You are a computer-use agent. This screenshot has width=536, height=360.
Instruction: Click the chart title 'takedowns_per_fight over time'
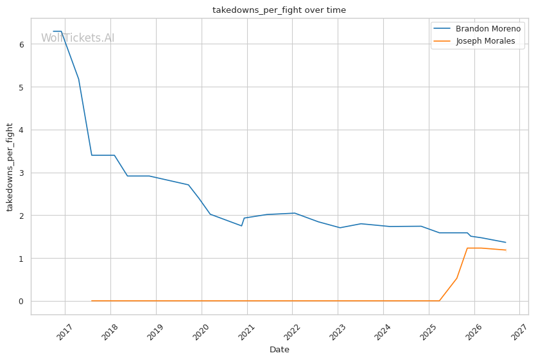pyautogui.click(x=279, y=10)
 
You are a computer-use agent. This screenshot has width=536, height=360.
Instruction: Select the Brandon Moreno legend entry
pyautogui.click(x=477, y=29)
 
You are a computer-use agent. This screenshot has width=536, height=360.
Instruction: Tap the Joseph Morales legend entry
pyautogui.click(x=474, y=41)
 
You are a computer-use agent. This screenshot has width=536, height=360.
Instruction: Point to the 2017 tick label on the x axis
pyautogui.click(x=64, y=332)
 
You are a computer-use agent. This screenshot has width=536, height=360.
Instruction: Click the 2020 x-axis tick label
pyautogui.click(x=201, y=332)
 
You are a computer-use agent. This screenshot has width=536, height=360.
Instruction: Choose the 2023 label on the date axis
pyautogui.click(x=337, y=332)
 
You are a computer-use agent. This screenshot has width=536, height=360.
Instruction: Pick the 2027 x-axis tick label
pyautogui.click(x=519, y=332)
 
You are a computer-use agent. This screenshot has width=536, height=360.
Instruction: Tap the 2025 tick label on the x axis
pyautogui.click(x=428, y=332)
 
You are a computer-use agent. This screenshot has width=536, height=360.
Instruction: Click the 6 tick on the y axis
pyautogui.click(x=22, y=44)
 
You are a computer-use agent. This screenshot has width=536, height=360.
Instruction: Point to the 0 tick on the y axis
pyautogui.click(x=22, y=301)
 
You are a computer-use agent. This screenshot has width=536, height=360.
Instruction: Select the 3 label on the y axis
pyautogui.click(x=22, y=173)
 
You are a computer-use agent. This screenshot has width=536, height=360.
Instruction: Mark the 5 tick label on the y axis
pyautogui.click(x=22, y=87)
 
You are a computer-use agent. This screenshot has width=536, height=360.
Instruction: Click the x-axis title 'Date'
pyautogui.click(x=279, y=349)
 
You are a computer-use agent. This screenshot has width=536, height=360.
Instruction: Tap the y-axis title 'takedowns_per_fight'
pyautogui.click(x=10, y=167)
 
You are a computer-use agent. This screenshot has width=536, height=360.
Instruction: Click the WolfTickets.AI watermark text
pyautogui.click(x=78, y=38)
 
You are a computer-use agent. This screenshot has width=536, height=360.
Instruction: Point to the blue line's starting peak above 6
pyautogui.click(x=57, y=31)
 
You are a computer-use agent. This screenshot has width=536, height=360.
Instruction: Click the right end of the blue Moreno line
pyautogui.click(x=506, y=243)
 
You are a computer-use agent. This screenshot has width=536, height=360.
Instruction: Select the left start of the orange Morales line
pyautogui.click(x=92, y=301)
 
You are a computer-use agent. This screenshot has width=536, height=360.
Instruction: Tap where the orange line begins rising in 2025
pyautogui.click(x=439, y=301)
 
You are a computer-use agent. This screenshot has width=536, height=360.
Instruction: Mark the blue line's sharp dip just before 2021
pyautogui.click(x=241, y=226)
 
